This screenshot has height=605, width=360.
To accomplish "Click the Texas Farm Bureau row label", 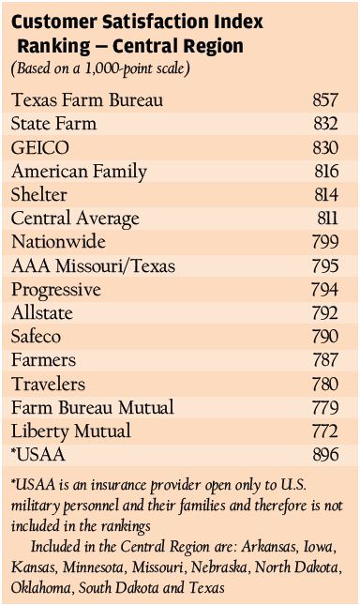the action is [87, 100].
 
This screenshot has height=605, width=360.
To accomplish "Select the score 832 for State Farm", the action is [325, 124].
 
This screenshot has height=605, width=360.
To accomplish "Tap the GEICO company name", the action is [40, 148].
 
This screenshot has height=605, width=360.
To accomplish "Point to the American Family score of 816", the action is [326, 172].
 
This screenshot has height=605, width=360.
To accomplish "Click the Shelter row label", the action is [39, 194].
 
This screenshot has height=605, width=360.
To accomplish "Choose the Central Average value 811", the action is [327, 219].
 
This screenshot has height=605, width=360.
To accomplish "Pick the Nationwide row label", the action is [58, 242].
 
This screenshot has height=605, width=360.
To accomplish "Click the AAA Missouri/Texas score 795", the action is [325, 265].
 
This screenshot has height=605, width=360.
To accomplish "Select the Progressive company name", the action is [56, 290].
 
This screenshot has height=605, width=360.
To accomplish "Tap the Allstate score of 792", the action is [325, 313].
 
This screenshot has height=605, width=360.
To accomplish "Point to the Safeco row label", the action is [36, 337].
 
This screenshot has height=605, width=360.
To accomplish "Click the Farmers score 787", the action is [325, 360].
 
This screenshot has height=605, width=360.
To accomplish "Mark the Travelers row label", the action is [48, 384].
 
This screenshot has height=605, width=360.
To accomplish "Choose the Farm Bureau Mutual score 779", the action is [325, 407].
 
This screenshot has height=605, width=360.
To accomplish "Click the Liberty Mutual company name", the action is [71, 431].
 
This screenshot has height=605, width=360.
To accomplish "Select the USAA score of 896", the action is [325, 455].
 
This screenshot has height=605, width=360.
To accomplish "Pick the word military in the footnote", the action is [35, 507].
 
